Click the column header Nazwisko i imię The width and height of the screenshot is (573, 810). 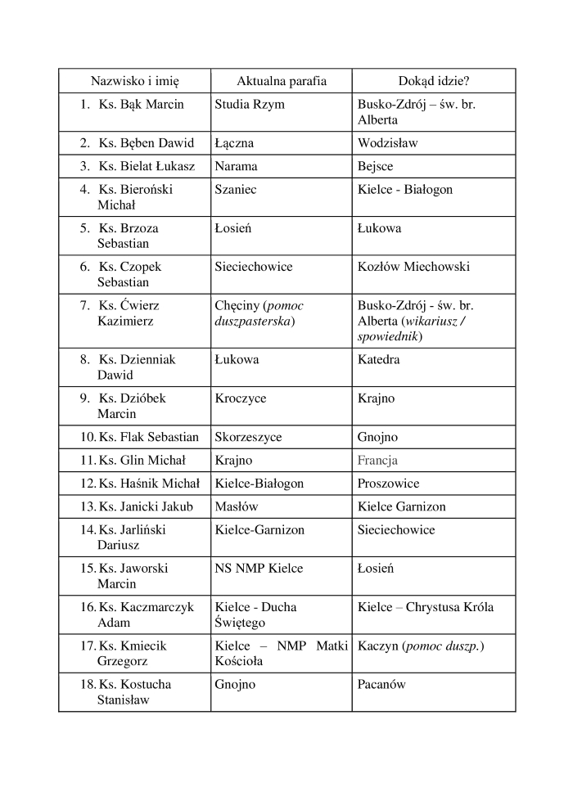[x=134, y=81]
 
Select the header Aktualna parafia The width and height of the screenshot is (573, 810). [x=281, y=81]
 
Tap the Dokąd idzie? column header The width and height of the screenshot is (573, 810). [x=433, y=81]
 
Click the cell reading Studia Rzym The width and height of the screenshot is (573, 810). [x=250, y=105]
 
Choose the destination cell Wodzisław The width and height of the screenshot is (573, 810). [x=387, y=143]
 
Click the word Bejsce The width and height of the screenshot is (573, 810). [x=375, y=166]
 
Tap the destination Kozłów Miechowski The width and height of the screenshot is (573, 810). [x=413, y=267]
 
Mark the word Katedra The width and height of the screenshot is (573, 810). [x=378, y=359]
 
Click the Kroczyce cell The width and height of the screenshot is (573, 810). [x=240, y=398]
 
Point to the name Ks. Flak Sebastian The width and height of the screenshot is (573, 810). [x=148, y=437]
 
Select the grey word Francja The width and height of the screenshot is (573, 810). [x=377, y=460]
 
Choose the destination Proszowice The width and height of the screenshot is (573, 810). [x=388, y=484]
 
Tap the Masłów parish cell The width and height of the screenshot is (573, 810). [x=236, y=506]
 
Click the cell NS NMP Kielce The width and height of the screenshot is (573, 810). [x=259, y=569]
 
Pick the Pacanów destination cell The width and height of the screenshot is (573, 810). [x=381, y=684]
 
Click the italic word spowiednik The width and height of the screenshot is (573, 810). [x=388, y=336]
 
